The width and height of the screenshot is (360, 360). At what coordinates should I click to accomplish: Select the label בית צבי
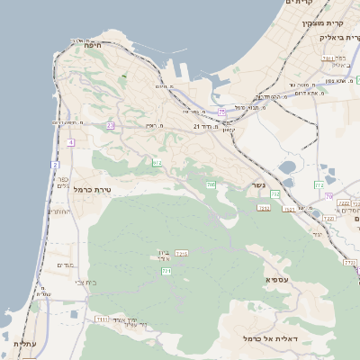(x=75, y=282)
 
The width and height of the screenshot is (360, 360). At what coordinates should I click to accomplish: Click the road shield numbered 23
(x=110, y=125)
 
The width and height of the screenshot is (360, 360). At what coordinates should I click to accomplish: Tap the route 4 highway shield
(x=69, y=142)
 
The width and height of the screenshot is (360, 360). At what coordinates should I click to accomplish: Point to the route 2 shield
(x=55, y=166)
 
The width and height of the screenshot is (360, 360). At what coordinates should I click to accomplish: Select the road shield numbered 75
(x=221, y=112)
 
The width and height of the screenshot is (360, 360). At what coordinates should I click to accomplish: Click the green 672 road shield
(x=157, y=162)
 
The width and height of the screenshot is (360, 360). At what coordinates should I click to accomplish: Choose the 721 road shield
(x=166, y=271)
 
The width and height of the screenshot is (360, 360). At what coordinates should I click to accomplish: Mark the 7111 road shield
(x=102, y=319)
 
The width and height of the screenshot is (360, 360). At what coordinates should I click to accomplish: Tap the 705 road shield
(x=211, y=184)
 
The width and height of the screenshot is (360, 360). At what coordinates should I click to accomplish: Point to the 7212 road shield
(x=181, y=254)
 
